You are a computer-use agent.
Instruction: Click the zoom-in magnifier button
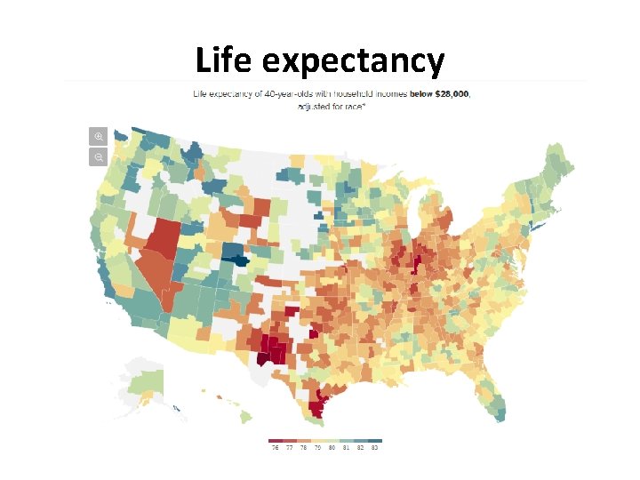(x=99, y=136)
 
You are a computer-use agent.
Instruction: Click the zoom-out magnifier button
(x=99, y=157)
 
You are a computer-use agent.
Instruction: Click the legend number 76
(x=275, y=449)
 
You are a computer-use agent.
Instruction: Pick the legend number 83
(x=376, y=449)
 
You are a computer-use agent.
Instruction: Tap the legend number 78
(x=304, y=449)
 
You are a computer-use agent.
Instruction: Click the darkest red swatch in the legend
(x=275, y=440)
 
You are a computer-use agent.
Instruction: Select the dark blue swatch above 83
(x=376, y=440)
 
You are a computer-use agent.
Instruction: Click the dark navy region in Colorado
(x=236, y=260)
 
